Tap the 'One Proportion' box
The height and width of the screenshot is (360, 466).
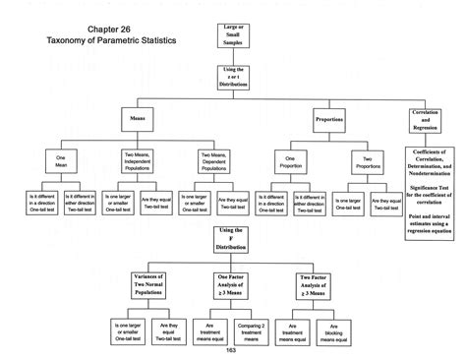[x=289, y=159]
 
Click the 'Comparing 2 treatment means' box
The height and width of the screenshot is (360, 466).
[x=253, y=331]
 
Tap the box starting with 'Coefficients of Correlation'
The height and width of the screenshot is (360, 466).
[x=432, y=202]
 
